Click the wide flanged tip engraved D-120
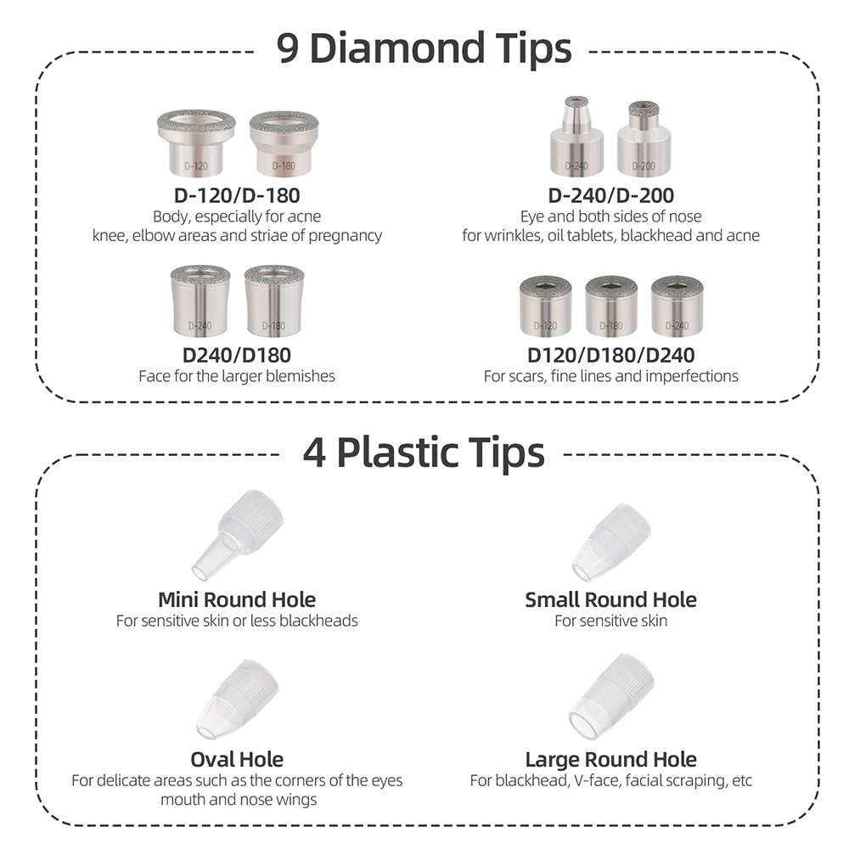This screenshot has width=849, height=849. (196, 143)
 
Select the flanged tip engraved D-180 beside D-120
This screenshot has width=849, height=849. (284, 144)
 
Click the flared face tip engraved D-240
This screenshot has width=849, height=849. (200, 301)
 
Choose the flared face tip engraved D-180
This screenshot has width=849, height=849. (274, 301)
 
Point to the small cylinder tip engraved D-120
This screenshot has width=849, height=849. (545, 306)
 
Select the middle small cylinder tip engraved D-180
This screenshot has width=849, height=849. (611, 306)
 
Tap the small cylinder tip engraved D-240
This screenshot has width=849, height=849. (677, 306)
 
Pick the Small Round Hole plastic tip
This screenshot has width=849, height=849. (611, 543)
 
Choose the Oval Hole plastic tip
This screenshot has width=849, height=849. (237, 700)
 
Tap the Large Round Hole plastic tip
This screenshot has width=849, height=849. (611, 696)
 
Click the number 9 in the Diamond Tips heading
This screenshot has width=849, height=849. (288, 48)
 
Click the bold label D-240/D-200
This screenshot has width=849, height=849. (611, 195)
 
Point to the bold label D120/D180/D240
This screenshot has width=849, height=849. (611, 355)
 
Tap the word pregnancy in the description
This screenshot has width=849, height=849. (345, 236)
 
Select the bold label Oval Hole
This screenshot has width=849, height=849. (237, 759)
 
